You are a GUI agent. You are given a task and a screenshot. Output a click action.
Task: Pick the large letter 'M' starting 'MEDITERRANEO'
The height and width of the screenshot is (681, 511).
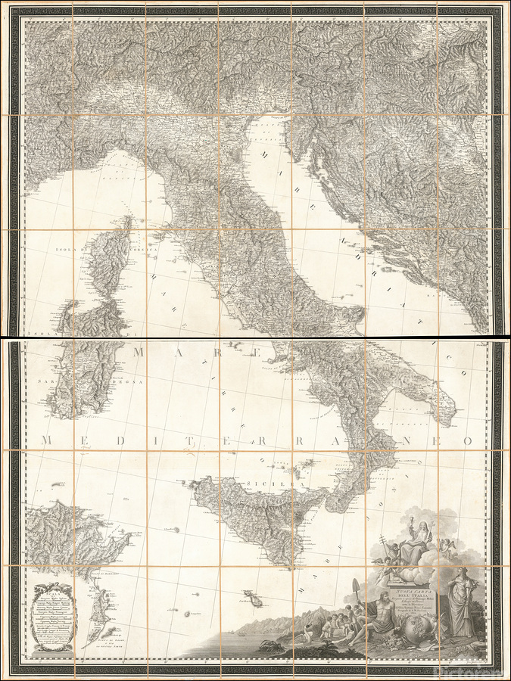[48, 441]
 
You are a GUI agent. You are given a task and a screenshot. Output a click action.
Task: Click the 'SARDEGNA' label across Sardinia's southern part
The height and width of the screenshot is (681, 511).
[83, 383]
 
